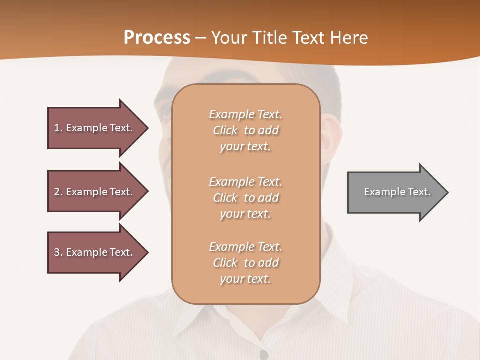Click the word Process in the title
click(x=157, y=38)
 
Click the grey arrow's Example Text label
click(x=397, y=192)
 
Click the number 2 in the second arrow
click(x=57, y=192)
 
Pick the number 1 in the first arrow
click(x=57, y=128)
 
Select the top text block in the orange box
click(x=245, y=130)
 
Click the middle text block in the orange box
click(x=245, y=198)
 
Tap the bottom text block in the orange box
click(x=245, y=263)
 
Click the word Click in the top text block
click(x=225, y=130)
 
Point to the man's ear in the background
click(x=330, y=137)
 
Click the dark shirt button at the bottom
click(x=263, y=354)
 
